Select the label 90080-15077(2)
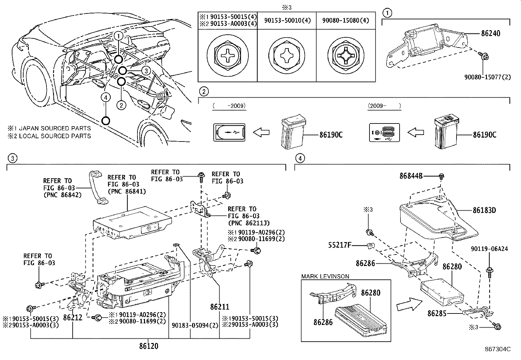click(x=487, y=78)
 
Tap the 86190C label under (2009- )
click(x=484, y=135)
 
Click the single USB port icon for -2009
click(x=229, y=133)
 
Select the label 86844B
click(x=411, y=176)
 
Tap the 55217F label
click(x=340, y=245)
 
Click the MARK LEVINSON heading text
click(x=325, y=276)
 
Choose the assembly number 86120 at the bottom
click(x=149, y=346)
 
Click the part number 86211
click(x=220, y=307)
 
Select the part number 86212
click(x=73, y=317)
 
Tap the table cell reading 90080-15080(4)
click(x=345, y=21)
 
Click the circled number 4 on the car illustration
click(x=105, y=97)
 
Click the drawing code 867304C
click(x=498, y=350)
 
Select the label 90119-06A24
click(x=490, y=249)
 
